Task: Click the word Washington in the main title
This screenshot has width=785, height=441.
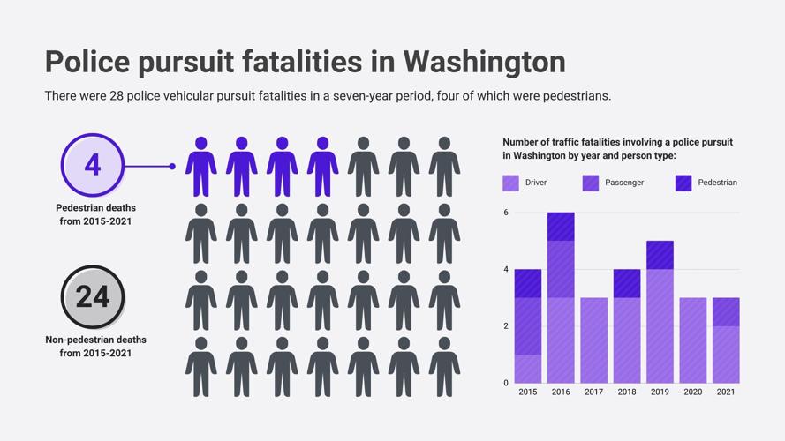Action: (x=484, y=62)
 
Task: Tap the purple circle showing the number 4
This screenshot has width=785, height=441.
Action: (x=93, y=165)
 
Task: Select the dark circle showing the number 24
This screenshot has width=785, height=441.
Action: (x=93, y=296)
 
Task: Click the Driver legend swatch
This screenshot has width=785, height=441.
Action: (x=511, y=183)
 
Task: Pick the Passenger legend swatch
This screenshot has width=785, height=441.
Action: (x=591, y=183)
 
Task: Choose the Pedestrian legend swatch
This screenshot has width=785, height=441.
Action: (x=683, y=183)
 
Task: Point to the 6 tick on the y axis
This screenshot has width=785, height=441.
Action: (x=506, y=213)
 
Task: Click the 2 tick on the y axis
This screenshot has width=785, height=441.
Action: (x=506, y=326)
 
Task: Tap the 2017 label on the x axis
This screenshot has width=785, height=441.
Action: (x=593, y=392)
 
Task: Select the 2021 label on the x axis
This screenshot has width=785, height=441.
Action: (x=725, y=392)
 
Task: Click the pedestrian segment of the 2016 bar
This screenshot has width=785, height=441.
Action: (x=561, y=227)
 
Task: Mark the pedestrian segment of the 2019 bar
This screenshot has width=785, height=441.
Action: (x=660, y=255)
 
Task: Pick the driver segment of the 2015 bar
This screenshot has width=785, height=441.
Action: (x=528, y=369)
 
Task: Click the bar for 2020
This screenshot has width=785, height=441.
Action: (x=692, y=340)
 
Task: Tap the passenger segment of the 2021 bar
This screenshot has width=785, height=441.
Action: (x=725, y=312)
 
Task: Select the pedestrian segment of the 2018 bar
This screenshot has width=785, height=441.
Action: (x=627, y=283)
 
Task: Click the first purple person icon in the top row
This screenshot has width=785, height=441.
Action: (x=201, y=167)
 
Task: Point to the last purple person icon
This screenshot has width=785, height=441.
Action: (x=322, y=167)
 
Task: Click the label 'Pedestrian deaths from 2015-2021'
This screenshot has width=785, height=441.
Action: (x=95, y=214)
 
